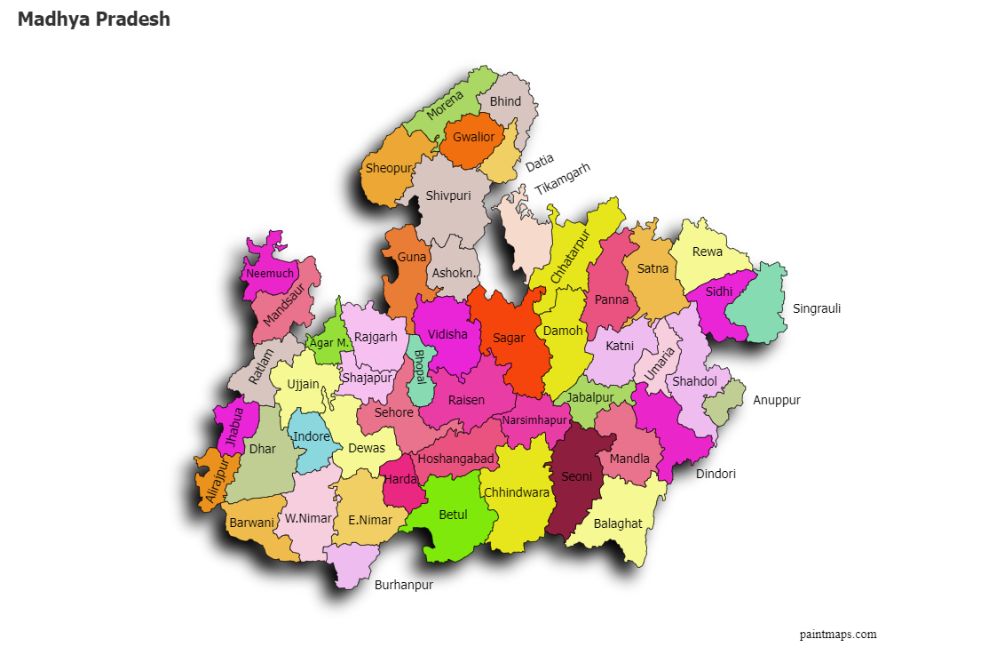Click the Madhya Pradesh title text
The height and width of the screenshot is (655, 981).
point(93,19)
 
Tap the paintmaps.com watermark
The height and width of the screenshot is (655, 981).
point(837,634)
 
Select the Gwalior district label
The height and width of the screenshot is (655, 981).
point(473,137)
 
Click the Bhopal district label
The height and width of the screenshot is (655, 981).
point(419,366)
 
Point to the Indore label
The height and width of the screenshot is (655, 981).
point(312,436)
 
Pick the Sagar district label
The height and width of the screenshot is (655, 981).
point(509,338)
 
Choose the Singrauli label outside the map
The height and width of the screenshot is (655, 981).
point(816,308)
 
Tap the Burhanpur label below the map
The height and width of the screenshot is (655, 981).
point(403,585)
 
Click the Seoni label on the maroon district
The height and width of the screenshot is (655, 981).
point(576,476)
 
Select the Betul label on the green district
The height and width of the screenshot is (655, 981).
point(453,515)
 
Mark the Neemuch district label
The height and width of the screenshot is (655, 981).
point(269,273)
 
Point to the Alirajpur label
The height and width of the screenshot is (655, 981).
point(216,481)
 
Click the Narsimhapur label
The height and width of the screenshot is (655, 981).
point(534,419)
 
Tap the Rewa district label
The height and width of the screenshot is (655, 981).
point(708,252)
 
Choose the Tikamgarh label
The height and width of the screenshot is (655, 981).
point(562,179)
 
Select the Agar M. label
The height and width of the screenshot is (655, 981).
point(328,342)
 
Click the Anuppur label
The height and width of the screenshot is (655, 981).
point(777,400)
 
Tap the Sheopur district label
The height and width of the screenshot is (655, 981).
point(389,168)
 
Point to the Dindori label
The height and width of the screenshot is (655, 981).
point(716,474)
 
